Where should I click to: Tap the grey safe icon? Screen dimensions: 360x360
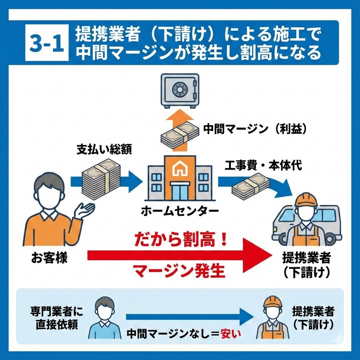click(x=180, y=90)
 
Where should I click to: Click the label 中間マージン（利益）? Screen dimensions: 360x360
click(x=256, y=129)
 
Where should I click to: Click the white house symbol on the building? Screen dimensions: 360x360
click(x=179, y=170)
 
